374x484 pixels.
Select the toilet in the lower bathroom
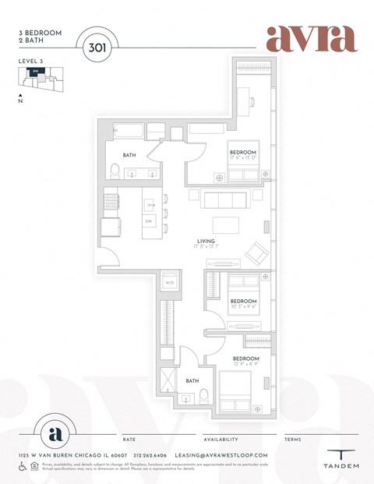tap(203, 396)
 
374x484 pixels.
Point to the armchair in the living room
tap(255, 253)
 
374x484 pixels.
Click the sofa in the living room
tap(221, 200)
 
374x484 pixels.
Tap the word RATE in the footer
tap(129, 440)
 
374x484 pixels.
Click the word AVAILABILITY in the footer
tap(221, 440)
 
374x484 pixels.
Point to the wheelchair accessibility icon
tap(22, 466)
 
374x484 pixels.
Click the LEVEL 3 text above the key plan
tap(30, 60)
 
